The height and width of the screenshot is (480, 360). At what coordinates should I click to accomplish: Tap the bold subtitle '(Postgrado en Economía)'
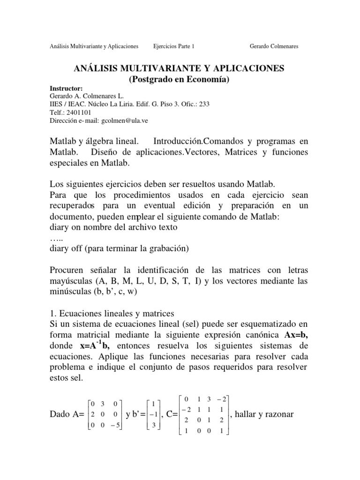pos(180,80)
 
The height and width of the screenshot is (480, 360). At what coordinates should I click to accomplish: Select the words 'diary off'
pos(66,249)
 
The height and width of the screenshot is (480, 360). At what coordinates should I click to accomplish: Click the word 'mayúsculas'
pos(70,282)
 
